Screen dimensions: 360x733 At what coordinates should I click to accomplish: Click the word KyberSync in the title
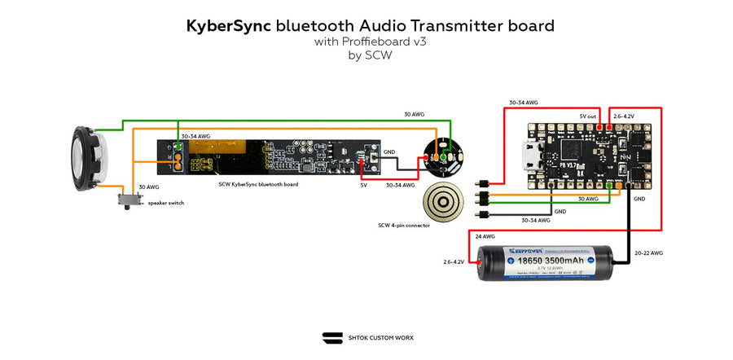click(x=229, y=26)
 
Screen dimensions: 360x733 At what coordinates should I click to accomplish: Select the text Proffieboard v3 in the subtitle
click(x=390, y=42)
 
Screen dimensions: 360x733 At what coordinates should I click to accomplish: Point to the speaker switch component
click(x=128, y=198)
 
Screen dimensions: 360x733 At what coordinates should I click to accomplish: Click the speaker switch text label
click(x=165, y=203)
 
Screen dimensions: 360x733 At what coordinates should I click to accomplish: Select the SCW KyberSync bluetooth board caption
click(x=258, y=184)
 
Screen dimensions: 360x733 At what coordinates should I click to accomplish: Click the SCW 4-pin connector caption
click(x=404, y=225)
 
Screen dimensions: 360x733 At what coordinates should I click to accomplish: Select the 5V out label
click(x=589, y=116)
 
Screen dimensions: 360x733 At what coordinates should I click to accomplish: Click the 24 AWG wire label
click(x=485, y=236)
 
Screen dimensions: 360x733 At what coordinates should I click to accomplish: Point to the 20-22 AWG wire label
click(x=648, y=252)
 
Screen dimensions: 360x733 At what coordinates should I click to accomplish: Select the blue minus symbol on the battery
click(x=604, y=261)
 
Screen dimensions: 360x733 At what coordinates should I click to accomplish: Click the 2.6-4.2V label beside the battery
click(x=454, y=261)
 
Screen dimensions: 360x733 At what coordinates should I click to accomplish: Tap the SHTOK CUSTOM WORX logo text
click(x=379, y=337)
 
